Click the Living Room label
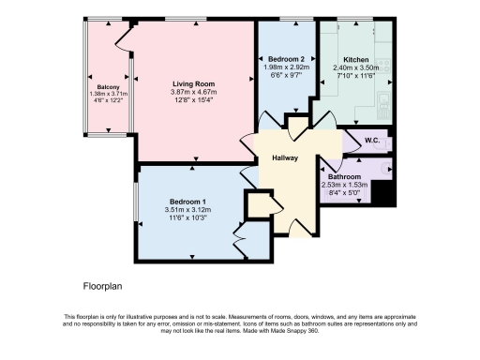click(x=194, y=83)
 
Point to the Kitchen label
click(x=356, y=58)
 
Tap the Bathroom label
click(x=345, y=176)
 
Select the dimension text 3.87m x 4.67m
click(x=194, y=93)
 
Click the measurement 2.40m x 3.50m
click(x=356, y=67)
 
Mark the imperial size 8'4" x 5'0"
click(x=345, y=194)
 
